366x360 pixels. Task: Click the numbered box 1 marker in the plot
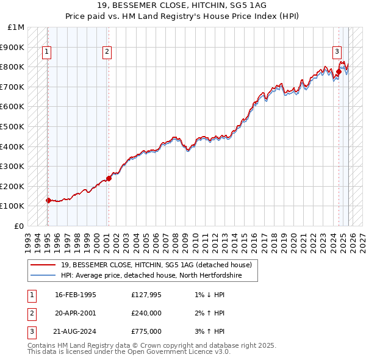[x=47, y=52]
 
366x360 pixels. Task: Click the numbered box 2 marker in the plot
[x=107, y=52]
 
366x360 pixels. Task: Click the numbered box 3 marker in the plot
[x=337, y=52]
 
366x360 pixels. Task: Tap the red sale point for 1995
[x=48, y=200]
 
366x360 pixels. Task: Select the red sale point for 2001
[x=109, y=178]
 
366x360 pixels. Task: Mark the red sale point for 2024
[x=339, y=72]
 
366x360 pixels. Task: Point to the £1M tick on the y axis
[x=16, y=27]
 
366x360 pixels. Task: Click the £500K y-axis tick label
[x=13, y=126]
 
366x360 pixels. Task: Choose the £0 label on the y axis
[x=20, y=226]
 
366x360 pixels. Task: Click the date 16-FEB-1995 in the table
[x=75, y=295]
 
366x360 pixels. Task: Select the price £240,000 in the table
[x=146, y=313]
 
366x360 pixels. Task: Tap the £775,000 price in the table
[x=146, y=331]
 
